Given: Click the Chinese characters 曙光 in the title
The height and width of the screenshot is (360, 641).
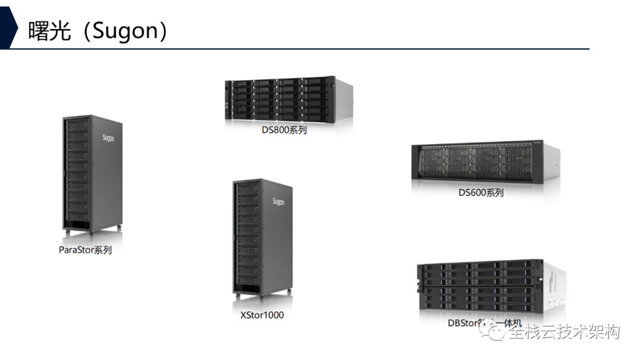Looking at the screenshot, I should pyautogui.click(x=48, y=31).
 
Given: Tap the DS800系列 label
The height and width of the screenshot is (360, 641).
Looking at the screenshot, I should pyautogui.click(x=284, y=130).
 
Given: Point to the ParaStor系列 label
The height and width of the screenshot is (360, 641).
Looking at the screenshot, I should pyautogui.click(x=85, y=250).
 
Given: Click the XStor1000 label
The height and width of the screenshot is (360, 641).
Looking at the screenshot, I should pyautogui.click(x=262, y=315).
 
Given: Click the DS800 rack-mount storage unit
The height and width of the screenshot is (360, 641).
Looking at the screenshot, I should pyautogui.click(x=288, y=100).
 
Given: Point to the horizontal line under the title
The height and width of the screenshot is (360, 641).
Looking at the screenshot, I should pyautogui.click(x=297, y=49).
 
